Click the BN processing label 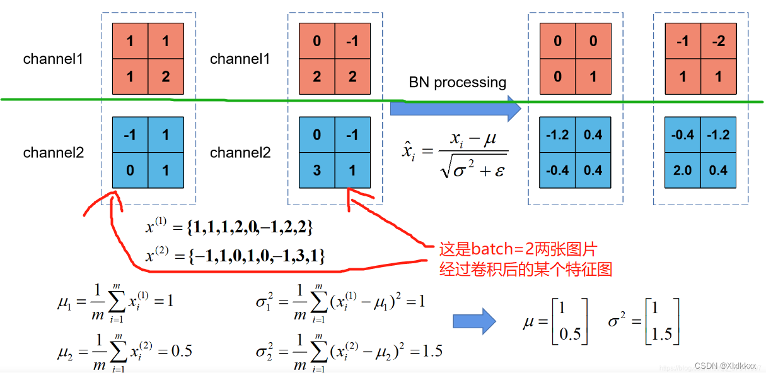tap(457, 83)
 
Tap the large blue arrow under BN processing tap(455, 109)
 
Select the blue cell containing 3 tap(316, 170)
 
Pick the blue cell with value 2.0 tap(683, 170)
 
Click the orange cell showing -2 tap(719, 41)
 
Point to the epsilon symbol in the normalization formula tap(499, 170)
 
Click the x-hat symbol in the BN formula tap(409, 150)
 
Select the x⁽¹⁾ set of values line tap(229, 227)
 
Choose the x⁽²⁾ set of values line tap(235, 256)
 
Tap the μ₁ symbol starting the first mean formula tap(65, 302)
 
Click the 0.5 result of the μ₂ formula tap(182, 350)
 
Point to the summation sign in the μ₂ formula tap(119, 354)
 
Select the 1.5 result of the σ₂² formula tap(432, 350)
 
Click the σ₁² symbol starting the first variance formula tap(264, 301)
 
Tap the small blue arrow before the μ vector tap(474, 321)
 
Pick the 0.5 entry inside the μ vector tap(570, 334)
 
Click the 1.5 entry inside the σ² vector tap(662, 334)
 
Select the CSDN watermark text tap(725, 366)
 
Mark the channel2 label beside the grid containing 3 tap(240, 153)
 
